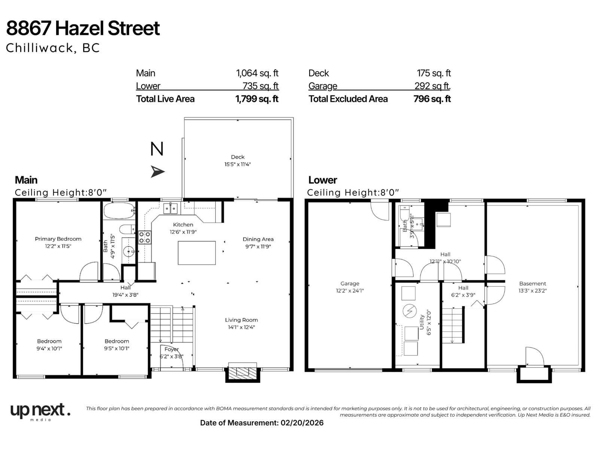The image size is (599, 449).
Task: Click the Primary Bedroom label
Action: point(58,239)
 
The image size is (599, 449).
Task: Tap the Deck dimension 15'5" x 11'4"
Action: point(237,164)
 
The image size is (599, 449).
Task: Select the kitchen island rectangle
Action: point(197,253)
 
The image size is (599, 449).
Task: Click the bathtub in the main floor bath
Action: point(119,211)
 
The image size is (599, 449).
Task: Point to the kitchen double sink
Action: point(170,208)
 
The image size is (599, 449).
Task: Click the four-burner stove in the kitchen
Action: point(145,237)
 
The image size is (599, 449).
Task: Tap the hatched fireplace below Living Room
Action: point(243,372)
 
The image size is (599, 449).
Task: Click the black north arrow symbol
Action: point(157,171)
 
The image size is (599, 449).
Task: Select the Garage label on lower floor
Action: point(350,284)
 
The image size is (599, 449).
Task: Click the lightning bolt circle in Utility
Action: point(409,311)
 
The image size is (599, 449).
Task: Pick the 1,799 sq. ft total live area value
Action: point(257,99)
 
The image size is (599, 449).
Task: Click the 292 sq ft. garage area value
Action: point(432,86)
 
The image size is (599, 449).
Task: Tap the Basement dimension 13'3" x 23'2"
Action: point(532,290)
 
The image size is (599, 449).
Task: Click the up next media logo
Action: point(40,412)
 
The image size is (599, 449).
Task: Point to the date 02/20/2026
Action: point(302,423)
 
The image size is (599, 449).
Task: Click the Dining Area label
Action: point(258,239)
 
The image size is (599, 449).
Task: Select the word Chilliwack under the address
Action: point(40,48)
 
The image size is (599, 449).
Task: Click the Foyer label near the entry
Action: point(171,349)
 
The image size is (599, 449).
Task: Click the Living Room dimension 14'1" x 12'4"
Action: point(241,327)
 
